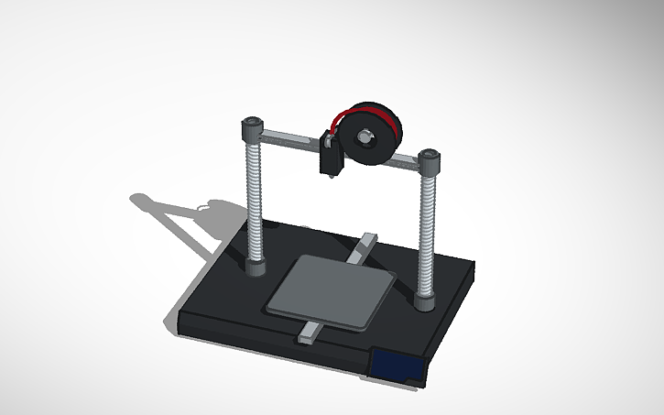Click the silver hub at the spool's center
(x=365, y=137)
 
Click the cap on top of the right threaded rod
(x=429, y=158)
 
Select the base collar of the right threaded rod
(x=425, y=299)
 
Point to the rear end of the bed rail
(x=367, y=242)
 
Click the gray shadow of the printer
(x=183, y=220)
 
